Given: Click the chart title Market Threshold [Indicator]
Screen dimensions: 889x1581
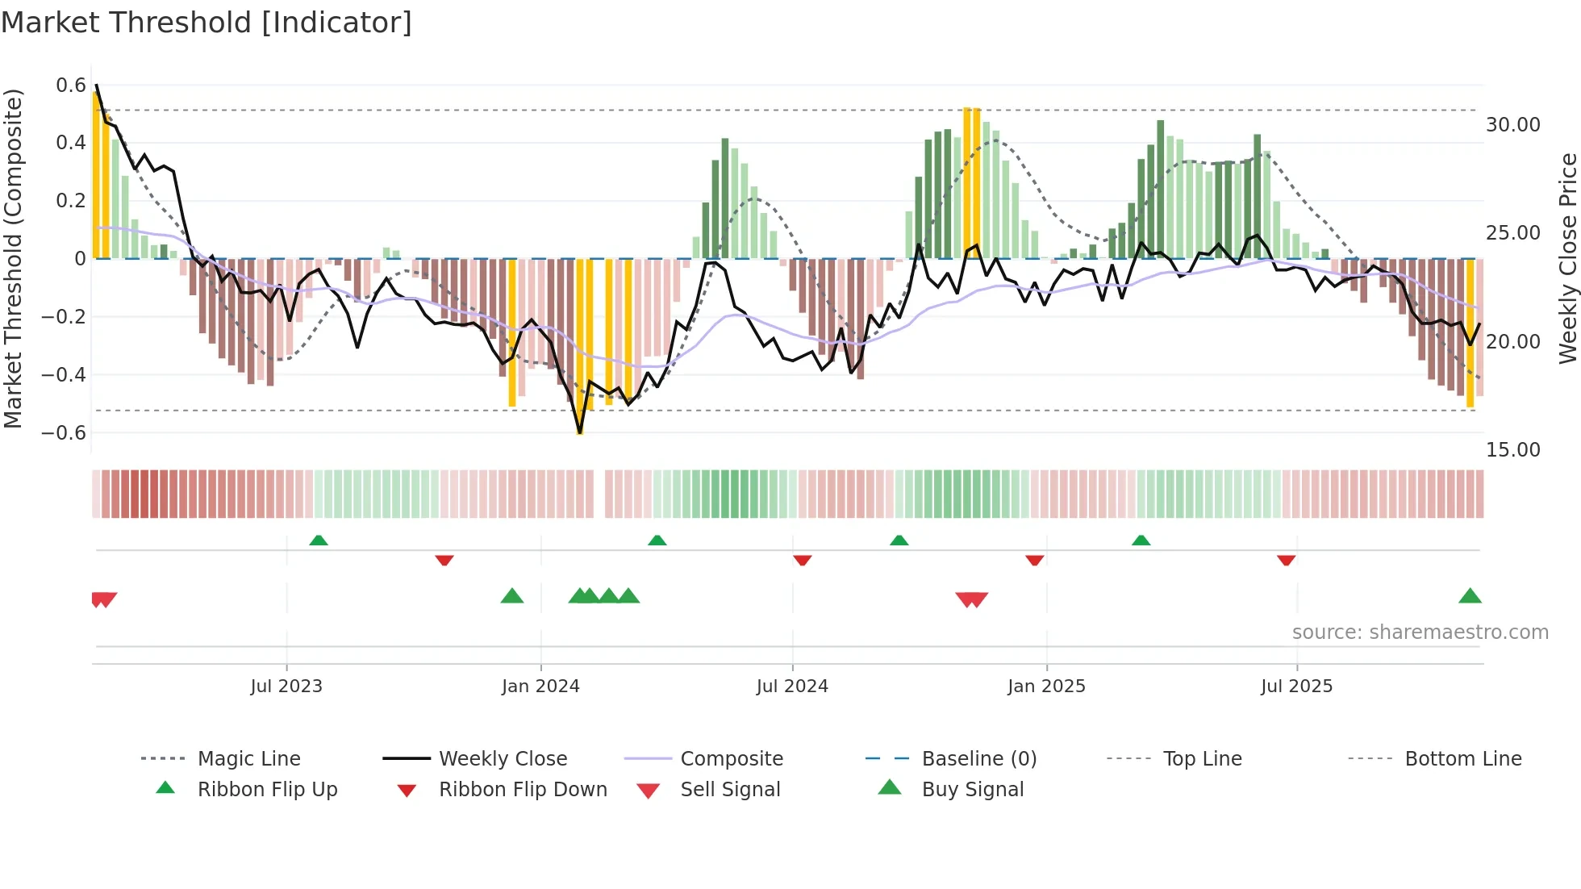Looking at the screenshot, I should (x=206, y=23).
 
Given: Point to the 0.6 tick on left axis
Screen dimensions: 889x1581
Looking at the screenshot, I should (x=70, y=86).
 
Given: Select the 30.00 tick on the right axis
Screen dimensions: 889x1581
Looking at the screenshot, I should (x=1512, y=125).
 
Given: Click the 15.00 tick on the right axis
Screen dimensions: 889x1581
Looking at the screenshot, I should (x=1512, y=450).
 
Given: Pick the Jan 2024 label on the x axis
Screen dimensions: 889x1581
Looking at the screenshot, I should (x=540, y=687).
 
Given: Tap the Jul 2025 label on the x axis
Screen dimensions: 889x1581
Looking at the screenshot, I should (x=1296, y=687).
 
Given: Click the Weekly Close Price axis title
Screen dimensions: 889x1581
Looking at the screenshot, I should (x=1567, y=258).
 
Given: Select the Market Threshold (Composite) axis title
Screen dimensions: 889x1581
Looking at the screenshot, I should (x=13, y=258).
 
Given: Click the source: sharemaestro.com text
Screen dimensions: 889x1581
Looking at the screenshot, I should (x=1420, y=632).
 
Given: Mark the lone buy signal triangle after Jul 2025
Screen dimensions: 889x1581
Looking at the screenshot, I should (x=1470, y=597).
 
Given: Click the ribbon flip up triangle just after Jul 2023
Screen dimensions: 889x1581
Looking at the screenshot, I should (x=319, y=540).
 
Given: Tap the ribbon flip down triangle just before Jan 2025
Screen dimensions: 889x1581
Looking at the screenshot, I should (x=1034, y=560).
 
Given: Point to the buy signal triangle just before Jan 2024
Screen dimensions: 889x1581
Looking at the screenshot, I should (x=512, y=597).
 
